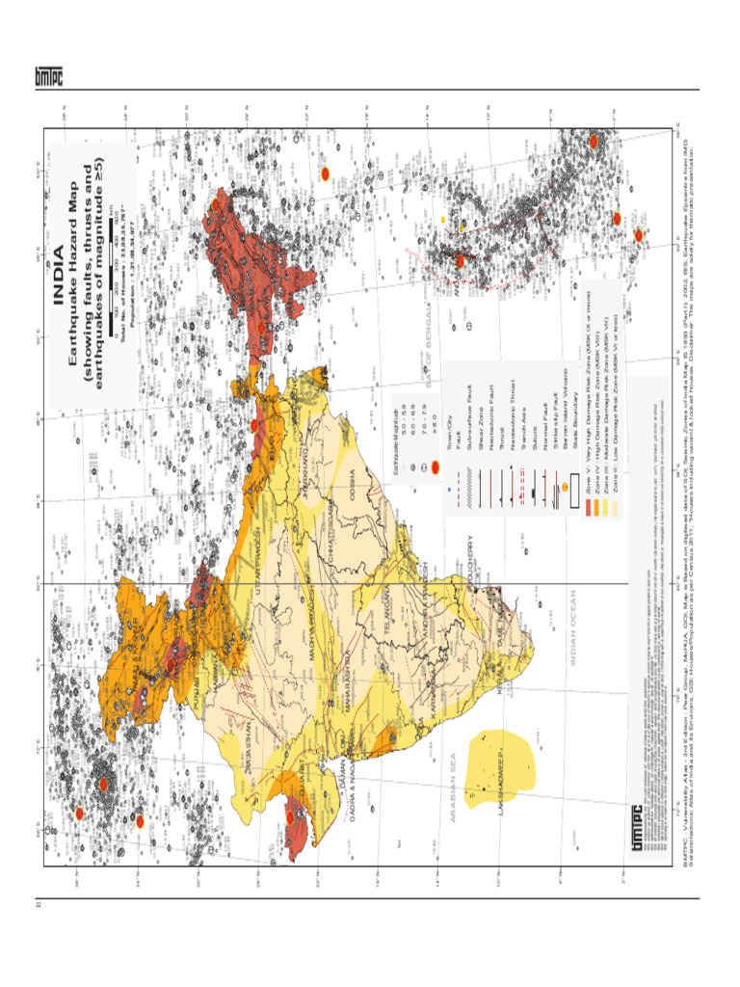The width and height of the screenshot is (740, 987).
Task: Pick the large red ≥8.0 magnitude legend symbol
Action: pos(436,467)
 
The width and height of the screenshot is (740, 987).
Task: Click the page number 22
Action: pos(39,903)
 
